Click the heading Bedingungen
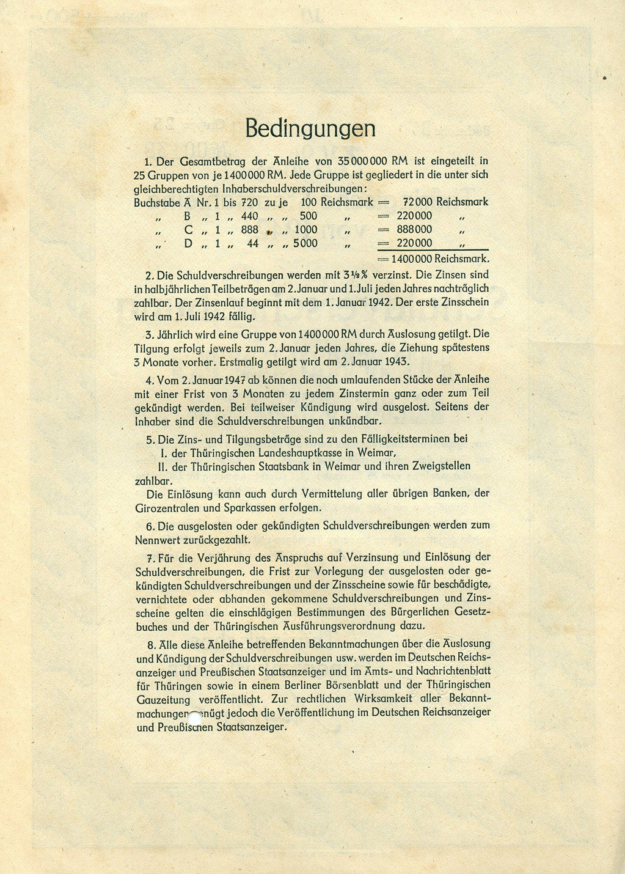pyautogui.click(x=310, y=129)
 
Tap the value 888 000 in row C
pyautogui.click(x=414, y=229)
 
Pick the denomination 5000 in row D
pyautogui.click(x=305, y=243)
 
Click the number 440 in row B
pyautogui.click(x=249, y=216)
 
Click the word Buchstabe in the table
pyautogui.click(x=156, y=202)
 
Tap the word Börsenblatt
pyautogui.click(x=357, y=685)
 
